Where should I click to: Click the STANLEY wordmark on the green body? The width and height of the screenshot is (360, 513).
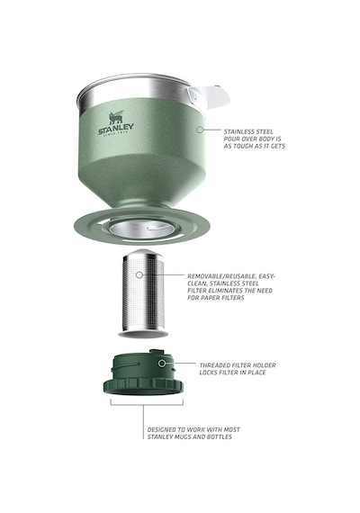coord(116,128)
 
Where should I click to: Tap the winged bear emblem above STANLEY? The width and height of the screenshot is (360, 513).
coord(116,118)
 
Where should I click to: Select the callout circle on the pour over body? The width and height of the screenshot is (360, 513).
coord(200,130)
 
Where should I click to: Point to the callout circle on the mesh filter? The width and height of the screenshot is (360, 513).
coord(139,274)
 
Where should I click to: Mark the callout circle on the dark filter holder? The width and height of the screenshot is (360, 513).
coord(162,364)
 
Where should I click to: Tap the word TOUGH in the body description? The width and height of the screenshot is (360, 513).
coord(244,146)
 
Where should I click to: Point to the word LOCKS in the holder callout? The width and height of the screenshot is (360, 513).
coord(208,373)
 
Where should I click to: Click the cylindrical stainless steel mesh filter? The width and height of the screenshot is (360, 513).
coord(143,293)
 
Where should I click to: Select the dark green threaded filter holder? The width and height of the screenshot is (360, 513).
coord(143,373)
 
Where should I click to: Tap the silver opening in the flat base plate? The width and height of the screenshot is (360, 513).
coord(140,229)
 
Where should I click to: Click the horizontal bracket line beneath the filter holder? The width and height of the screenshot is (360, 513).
coord(147,405)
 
